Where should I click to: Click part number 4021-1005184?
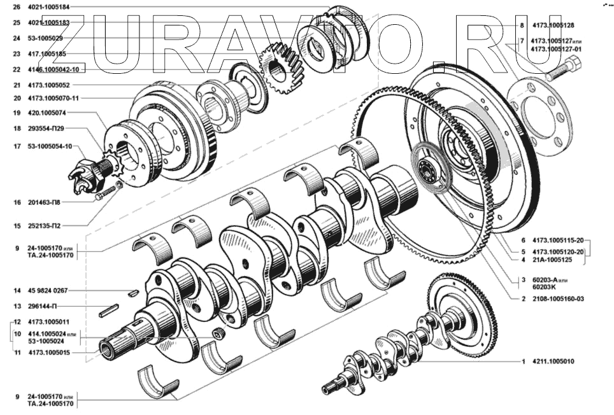(x=49, y=7)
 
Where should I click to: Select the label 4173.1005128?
(x=553, y=25)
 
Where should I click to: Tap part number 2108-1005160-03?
(x=558, y=299)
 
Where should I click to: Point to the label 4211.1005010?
(x=553, y=362)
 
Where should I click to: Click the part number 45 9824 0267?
(x=48, y=291)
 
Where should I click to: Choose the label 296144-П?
(x=43, y=306)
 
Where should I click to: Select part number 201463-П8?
(x=44, y=202)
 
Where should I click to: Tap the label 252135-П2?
(x=44, y=226)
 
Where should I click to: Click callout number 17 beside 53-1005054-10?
(x=17, y=146)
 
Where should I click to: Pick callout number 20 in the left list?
(x=17, y=98)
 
